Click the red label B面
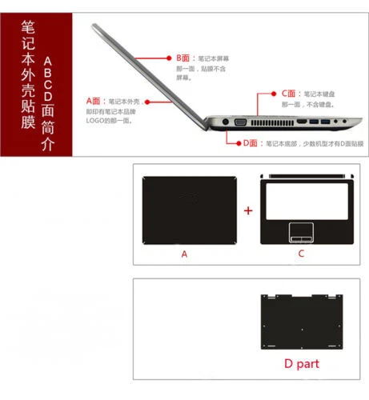click(x=183, y=58)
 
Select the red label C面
click(x=289, y=94)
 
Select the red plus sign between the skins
click(x=248, y=210)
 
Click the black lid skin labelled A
click(x=185, y=210)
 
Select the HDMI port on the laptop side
click(x=303, y=123)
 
